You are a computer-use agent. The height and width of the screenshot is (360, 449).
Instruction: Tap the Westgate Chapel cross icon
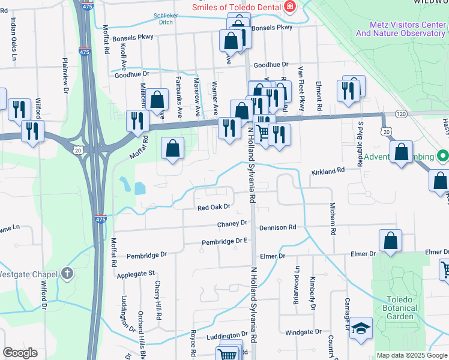coord(67,274)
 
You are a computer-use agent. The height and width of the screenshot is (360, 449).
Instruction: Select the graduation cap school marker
coord(361,329)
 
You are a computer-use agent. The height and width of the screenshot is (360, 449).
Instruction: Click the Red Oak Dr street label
coord(214,207)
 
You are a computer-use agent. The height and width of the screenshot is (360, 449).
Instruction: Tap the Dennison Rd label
coord(277,227)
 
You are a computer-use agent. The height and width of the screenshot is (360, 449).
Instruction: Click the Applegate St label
coord(136,274)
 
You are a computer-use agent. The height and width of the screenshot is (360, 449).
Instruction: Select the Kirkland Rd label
coord(328,171)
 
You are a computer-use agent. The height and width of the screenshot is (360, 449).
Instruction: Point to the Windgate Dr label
coord(304,332)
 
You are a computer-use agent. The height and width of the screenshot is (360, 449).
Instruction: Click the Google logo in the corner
coord(20,353)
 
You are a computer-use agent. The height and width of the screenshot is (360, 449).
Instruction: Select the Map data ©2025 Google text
coord(412,355)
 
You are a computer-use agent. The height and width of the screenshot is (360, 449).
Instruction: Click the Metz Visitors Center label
coord(400,29)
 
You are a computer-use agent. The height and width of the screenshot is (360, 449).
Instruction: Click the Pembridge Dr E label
coord(224,241)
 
